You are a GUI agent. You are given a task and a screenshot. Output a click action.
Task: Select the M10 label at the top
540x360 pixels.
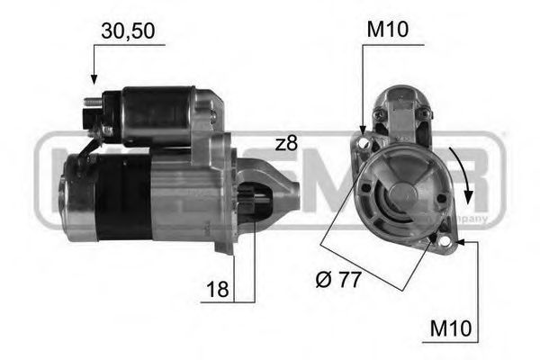pyautogui.click(x=387, y=31)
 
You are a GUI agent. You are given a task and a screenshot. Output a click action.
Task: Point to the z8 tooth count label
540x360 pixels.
pyautogui.click(x=286, y=143)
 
